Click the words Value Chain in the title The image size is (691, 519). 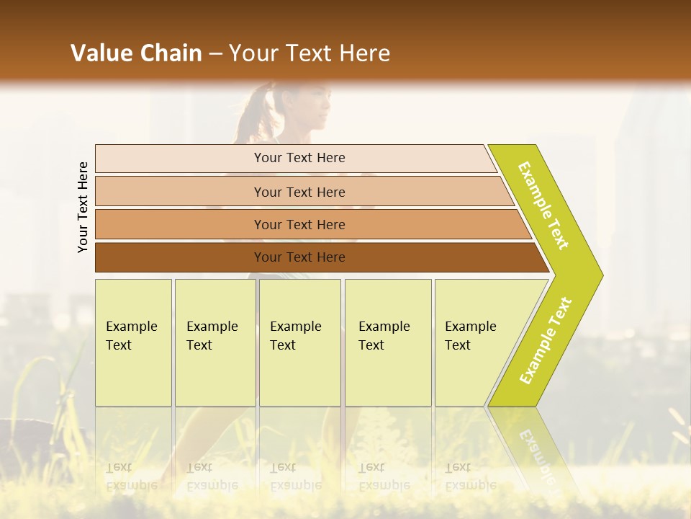tap(136, 53)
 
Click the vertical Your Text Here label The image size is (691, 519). tap(83, 207)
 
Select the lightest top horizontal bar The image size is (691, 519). tap(180, 159)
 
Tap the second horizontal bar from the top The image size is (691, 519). tap(180, 192)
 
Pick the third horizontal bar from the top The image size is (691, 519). tap(180, 224)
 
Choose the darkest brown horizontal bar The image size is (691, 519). tap(180, 257)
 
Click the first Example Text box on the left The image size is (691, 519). tap(133, 342)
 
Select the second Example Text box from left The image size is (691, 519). tap(214, 342)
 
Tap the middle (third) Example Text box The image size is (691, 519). tap(299, 342)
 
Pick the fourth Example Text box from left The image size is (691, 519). tap(388, 342)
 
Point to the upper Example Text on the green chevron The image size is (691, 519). tap(543, 205)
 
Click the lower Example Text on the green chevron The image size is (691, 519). tap(546, 340)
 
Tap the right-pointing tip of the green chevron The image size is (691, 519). tap(597, 275)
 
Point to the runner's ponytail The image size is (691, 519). tap(252, 115)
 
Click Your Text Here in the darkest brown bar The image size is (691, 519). tap(299, 257)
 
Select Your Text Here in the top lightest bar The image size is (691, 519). tap(299, 158)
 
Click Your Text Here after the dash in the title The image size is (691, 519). tap(310, 53)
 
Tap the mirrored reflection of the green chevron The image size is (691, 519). tap(533, 454)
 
